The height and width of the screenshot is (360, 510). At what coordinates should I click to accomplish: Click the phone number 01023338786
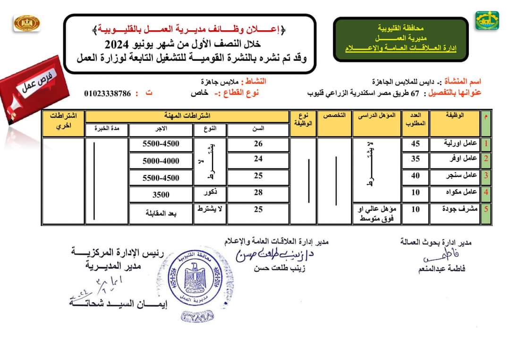pyautogui.click(x=107, y=93)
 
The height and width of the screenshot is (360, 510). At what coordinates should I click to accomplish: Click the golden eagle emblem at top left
pyautogui.click(x=27, y=23)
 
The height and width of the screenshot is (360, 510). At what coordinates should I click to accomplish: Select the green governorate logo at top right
pyautogui.click(x=486, y=21)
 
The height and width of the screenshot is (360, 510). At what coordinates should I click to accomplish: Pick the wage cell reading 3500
pyautogui.click(x=161, y=194)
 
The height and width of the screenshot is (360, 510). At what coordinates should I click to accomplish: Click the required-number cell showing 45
pyautogui.click(x=415, y=144)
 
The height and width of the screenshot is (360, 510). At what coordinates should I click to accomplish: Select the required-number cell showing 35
pyautogui.click(x=415, y=159)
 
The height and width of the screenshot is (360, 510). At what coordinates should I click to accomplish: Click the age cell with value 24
pyautogui.click(x=258, y=159)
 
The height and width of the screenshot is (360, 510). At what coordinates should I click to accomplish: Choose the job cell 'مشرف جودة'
pyautogui.click(x=454, y=209)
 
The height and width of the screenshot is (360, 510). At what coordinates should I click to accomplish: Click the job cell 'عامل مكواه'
pyautogui.click(x=454, y=192)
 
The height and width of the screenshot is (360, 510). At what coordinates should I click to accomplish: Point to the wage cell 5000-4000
pyautogui.click(x=161, y=161)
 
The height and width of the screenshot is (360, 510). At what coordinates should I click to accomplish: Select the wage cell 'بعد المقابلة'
pyautogui.click(x=161, y=213)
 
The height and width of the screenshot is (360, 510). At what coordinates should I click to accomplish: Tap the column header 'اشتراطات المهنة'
pyautogui.click(x=187, y=116)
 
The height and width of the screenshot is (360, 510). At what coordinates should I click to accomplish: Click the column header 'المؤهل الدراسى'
pyautogui.click(x=377, y=116)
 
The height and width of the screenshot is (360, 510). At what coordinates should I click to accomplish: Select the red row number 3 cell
pyautogui.click(x=485, y=176)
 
